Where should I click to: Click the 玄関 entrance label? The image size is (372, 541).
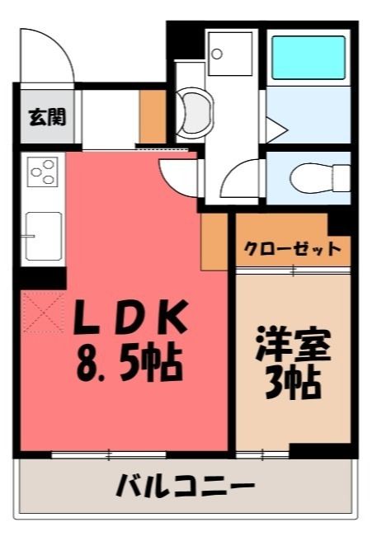coord(46,117)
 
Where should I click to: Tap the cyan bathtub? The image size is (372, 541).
coord(308,58)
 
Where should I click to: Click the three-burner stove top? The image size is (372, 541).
coord(42,172)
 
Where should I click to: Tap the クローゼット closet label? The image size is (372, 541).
coord(293,249)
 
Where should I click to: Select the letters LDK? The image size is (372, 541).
coord(131,318)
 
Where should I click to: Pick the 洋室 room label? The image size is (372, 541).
coord(294,345)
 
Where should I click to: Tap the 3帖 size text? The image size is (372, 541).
coord(294,383)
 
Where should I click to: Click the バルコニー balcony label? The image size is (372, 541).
coord(186,486)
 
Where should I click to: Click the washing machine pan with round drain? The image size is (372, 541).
coord(230,54)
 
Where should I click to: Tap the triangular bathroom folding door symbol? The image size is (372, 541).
coord(276,130)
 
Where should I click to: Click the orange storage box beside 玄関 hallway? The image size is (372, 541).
coord(153,116)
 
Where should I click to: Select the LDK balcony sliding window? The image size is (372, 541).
coord(109,454)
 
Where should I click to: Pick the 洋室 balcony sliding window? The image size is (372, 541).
coord(262,454)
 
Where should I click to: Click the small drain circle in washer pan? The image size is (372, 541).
coord(217,54)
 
